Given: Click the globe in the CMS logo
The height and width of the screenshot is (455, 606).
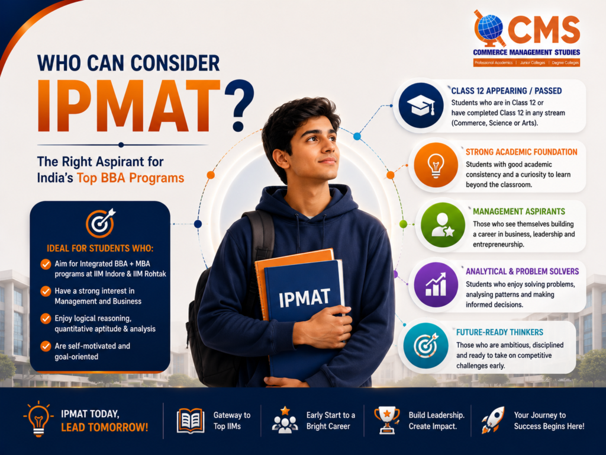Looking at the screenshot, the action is click(x=490, y=28).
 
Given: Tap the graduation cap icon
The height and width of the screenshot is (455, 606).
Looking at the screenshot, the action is click(x=421, y=105).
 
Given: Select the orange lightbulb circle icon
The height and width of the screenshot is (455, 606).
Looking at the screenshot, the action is click(x=436, y=165).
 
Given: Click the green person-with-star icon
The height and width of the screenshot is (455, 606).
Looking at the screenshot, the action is click(x=443, y=225).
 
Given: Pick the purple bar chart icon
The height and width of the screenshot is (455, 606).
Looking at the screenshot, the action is click(x=436, y=285).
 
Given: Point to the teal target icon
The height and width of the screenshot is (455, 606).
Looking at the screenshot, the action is click(x=426, y=345).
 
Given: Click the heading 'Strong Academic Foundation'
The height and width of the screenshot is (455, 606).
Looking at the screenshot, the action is click(x=521, y=152).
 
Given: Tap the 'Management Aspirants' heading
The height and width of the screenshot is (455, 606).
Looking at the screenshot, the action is click(x=519, y=212).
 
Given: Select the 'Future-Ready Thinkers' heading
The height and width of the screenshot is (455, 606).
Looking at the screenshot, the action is click(x=499, y=332).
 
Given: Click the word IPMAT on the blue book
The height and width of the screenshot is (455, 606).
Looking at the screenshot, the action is click(x=305, y=298).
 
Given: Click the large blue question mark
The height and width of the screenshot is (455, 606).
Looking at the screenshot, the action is click(x=239, y=106).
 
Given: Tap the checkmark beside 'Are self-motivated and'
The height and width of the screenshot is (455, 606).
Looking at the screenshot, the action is click(x=46, y=346).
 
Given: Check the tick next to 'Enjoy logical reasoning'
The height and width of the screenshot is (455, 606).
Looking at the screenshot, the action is click(x=46, y=318).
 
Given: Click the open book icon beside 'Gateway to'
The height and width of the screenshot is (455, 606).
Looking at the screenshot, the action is click(x=191, y=421).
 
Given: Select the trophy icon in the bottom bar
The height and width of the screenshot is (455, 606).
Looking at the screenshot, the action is click(x=387, y=419).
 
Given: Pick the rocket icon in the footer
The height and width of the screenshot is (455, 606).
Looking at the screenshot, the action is click(x=493, y=420).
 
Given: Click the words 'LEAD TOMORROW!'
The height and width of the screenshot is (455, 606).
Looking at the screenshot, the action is click(x=104, y=427).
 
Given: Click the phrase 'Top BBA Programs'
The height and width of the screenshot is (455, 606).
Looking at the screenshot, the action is click(x=131, y=178).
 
